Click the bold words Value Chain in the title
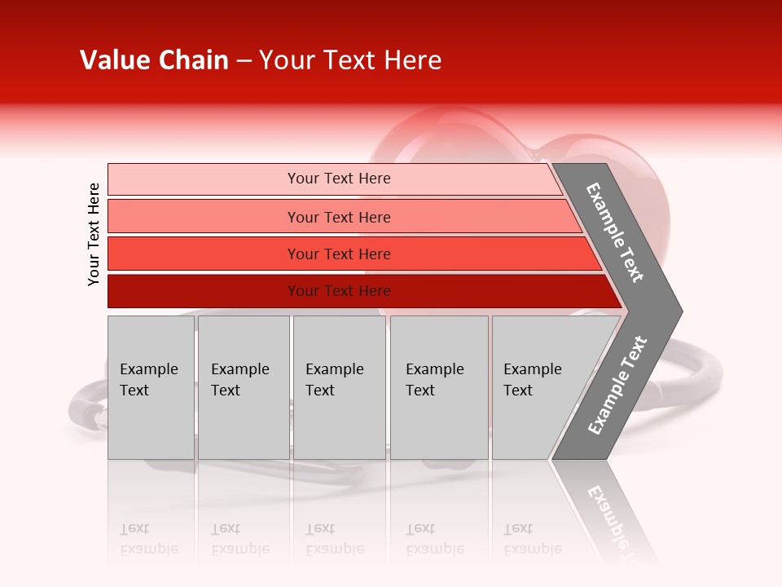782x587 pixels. [154, 60]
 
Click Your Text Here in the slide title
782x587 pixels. [350, 60]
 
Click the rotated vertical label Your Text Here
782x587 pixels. [94, 234]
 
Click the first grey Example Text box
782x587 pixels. [151, 387]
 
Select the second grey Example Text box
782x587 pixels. [243, 387]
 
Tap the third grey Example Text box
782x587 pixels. [339, 387]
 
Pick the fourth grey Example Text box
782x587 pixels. [438, 387]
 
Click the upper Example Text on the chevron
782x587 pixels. [615, 232]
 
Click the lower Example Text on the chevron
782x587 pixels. [617, 385]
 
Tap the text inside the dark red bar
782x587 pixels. [339, 291]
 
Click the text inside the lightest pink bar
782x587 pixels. [339, 179]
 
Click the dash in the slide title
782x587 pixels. [244, 61]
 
